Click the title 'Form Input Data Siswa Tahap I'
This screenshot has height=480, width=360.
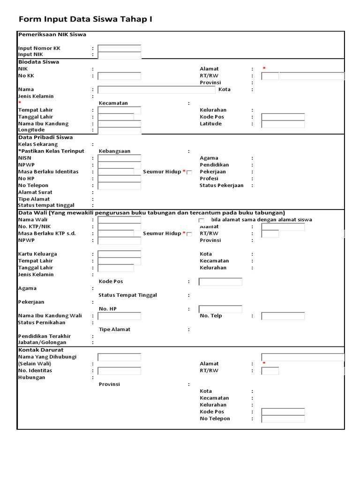point(85,19)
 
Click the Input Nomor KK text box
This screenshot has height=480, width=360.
point(119,48)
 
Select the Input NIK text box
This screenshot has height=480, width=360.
point(119,55)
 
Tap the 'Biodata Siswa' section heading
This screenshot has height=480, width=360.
point(38,62)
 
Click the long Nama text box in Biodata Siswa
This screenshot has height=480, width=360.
point(157,90)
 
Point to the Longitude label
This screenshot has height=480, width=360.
point(31,130)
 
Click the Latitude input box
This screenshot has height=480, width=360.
point(283,124)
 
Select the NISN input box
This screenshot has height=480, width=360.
point(119,158)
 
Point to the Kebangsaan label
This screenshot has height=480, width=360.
point(114,151)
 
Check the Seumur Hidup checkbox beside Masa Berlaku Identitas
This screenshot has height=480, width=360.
point(189,172)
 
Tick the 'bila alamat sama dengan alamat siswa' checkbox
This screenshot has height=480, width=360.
point(201,220)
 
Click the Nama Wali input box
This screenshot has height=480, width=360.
point(119,220)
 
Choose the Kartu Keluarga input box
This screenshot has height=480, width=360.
point(119,254)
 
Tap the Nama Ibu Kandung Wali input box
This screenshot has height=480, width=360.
point(119,316)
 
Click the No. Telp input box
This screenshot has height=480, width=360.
point(283,316)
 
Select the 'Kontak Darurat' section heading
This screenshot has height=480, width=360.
point(41,350)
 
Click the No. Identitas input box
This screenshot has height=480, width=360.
point(119,371)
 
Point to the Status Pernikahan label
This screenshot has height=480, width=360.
point(42,322)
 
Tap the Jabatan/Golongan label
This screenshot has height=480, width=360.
point(42,343)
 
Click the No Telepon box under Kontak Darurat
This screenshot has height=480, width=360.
point(283,419)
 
